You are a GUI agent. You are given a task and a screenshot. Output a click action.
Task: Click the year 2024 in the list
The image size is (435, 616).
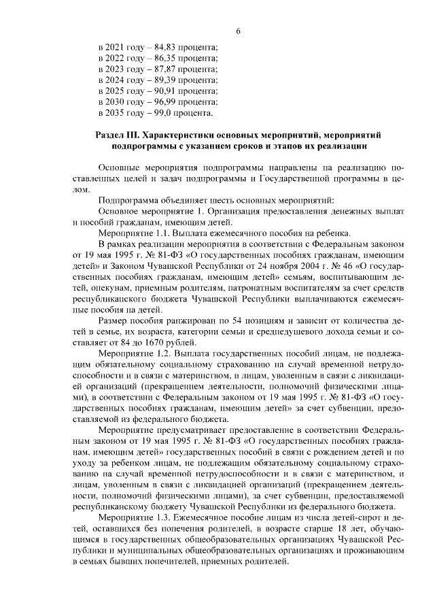118,80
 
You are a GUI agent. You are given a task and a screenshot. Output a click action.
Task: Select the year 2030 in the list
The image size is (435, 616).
118,101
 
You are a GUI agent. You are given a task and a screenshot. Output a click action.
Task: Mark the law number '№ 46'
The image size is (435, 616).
314,265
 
